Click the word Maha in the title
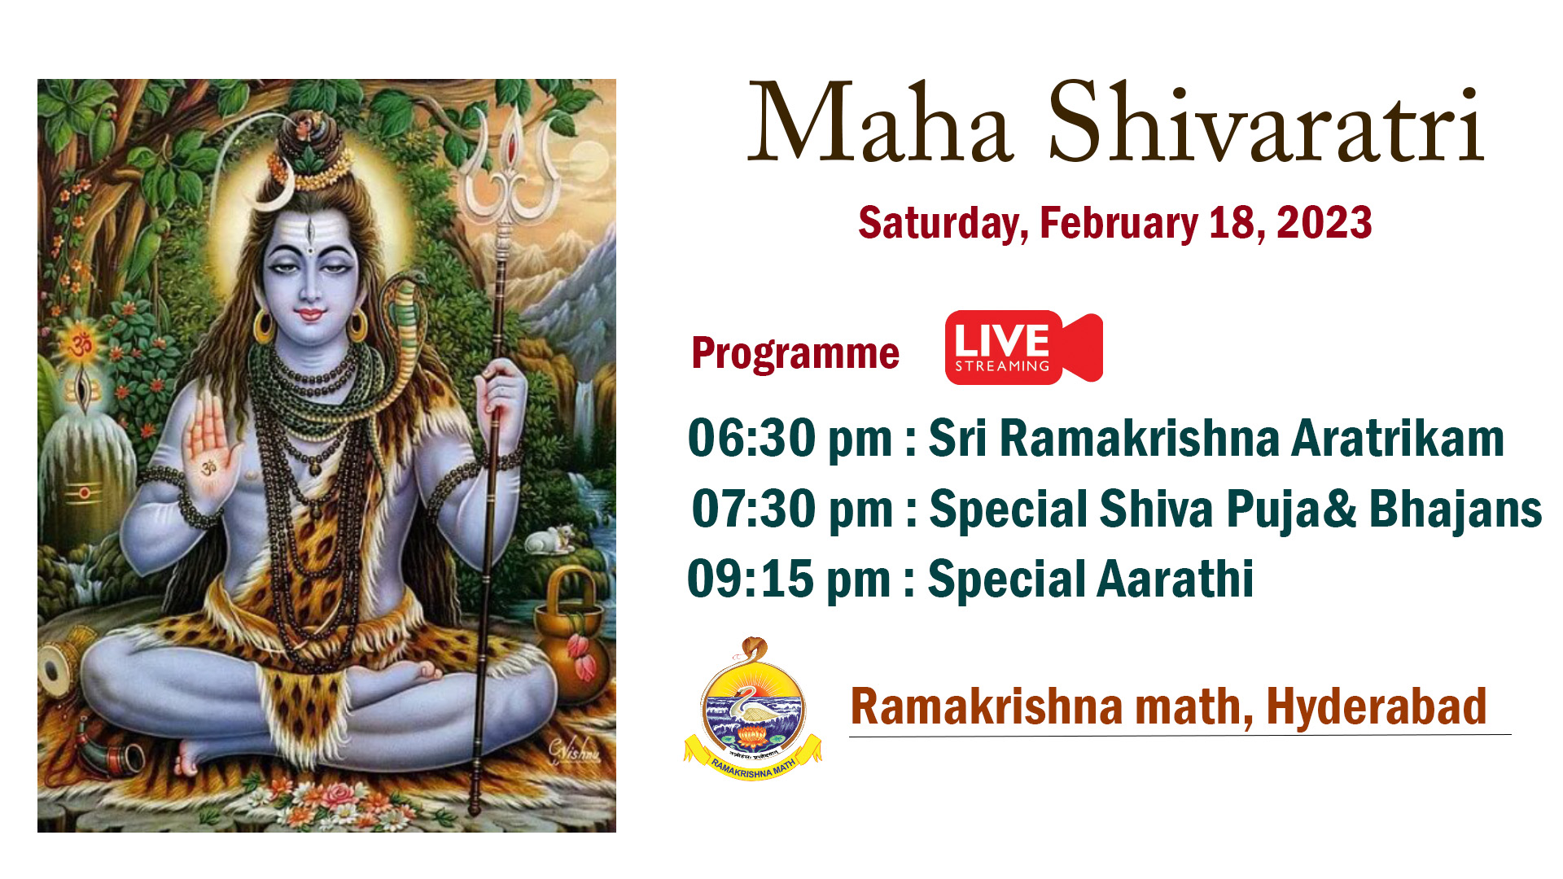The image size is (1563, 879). click(880, 123)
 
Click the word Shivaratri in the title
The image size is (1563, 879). click(1266, 123)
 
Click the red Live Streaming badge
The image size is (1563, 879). click(1023, 347)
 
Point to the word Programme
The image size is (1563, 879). click(795, 354)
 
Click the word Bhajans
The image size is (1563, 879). click(1456, 510)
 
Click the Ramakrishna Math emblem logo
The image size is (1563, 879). click(753, 709)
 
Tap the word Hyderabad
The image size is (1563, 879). click(1377, 707)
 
